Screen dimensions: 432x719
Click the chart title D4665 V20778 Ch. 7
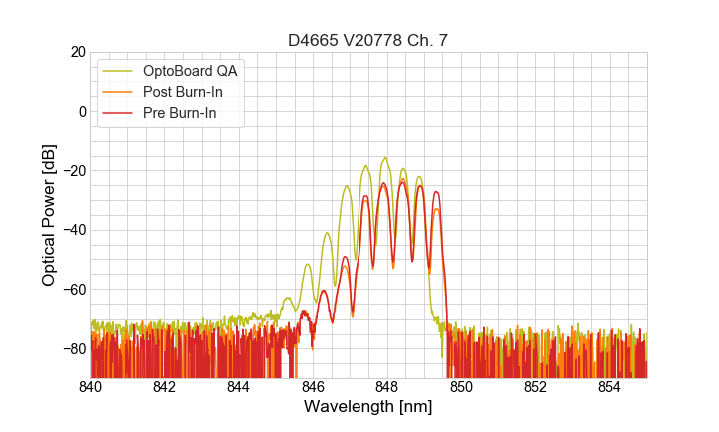coord(368,40)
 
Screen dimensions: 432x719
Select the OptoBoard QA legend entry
coord(190,71)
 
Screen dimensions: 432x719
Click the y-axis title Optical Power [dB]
coord(49,215)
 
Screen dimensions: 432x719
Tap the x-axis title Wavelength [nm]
coord(368,406)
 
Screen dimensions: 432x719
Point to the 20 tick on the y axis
coord(76,52)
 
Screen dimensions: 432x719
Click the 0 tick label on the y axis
coord(82,111)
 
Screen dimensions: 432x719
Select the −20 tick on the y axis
coord(73,171)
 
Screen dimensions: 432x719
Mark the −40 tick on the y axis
coord(73,230)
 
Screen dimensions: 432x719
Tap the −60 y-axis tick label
coord(73,289)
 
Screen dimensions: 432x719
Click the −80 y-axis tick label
coord(73,348)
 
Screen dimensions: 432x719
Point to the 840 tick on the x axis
coord(91,386)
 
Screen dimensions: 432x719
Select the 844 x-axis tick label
coord(239,386)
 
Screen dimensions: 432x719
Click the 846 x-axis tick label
coord(313,386)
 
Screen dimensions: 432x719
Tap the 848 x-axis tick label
coord(387,386)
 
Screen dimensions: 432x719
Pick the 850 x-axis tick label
coord(461,386)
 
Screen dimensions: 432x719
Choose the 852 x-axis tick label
coord(535,386)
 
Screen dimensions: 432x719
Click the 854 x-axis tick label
coord(609,386)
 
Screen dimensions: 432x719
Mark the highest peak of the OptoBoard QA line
coord(384,158)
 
